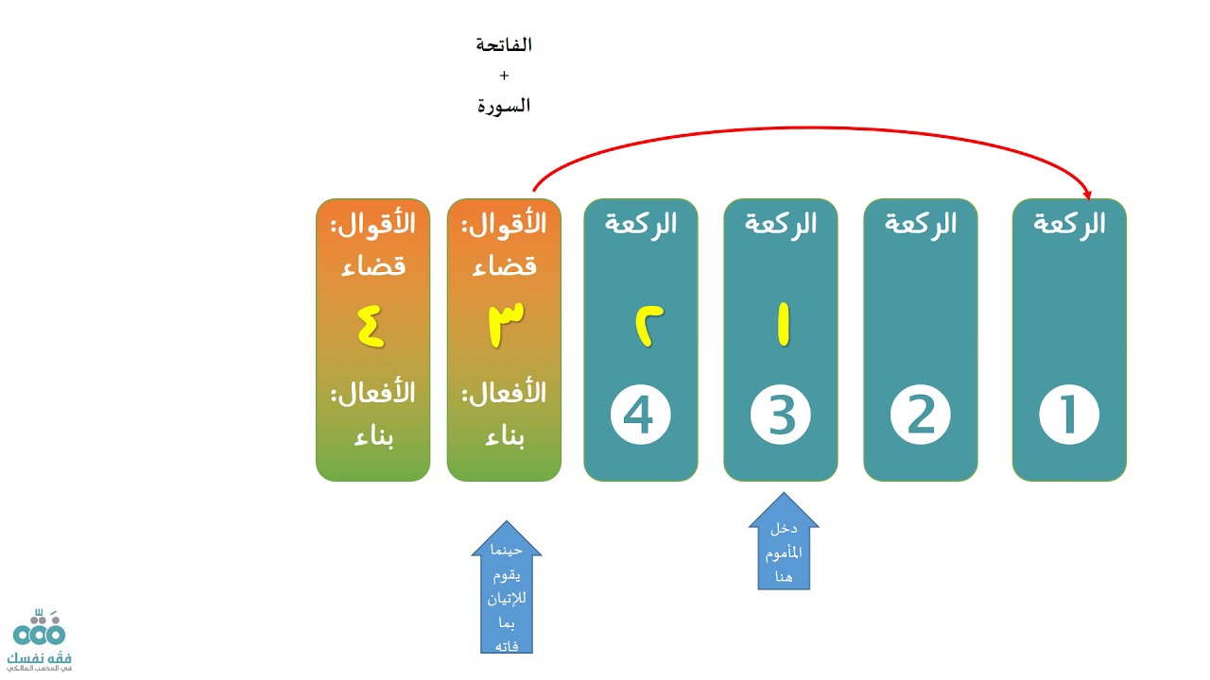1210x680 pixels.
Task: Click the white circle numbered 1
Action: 1069,416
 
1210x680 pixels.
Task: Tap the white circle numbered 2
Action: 921,416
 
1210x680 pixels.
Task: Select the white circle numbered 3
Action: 781,416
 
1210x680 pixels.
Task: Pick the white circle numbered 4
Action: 641,416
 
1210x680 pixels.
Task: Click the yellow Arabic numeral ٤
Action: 372,326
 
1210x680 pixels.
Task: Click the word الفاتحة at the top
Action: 504,44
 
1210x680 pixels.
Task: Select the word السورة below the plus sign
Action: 504,106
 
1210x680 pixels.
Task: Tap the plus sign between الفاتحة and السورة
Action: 504,75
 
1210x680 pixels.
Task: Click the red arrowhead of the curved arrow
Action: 1087,194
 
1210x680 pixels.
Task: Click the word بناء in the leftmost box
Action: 372,438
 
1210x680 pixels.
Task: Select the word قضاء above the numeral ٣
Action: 504,265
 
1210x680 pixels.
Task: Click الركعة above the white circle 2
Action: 921,224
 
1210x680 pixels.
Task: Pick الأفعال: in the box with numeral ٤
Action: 372,393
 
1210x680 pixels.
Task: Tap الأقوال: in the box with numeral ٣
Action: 504,225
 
